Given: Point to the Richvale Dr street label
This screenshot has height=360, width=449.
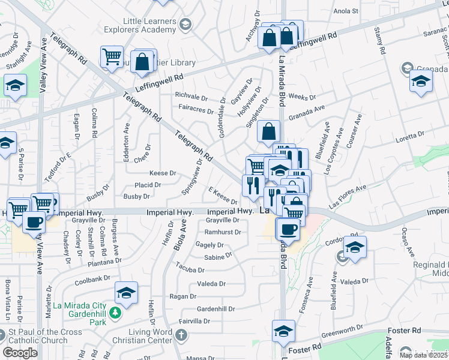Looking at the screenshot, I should coord(191,96).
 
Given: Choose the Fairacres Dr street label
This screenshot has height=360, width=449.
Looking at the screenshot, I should coord(196,110).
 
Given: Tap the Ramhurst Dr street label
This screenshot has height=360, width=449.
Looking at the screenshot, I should coord(222,232).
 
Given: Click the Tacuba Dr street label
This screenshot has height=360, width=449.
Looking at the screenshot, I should coord(190,265).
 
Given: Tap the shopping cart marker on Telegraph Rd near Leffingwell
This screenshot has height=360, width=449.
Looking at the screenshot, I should coord(112,58).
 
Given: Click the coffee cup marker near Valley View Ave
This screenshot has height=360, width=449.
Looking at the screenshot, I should coord(34,223).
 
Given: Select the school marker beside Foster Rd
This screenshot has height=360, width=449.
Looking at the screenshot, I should coord(283,331).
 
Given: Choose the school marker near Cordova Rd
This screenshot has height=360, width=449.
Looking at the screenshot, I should coord(355,247).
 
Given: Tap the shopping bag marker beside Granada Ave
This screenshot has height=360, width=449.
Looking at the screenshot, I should coord(268,130).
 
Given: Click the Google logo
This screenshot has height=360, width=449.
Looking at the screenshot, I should coord(20,353).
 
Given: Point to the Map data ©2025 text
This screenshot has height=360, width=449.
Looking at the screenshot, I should coord(423,355).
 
